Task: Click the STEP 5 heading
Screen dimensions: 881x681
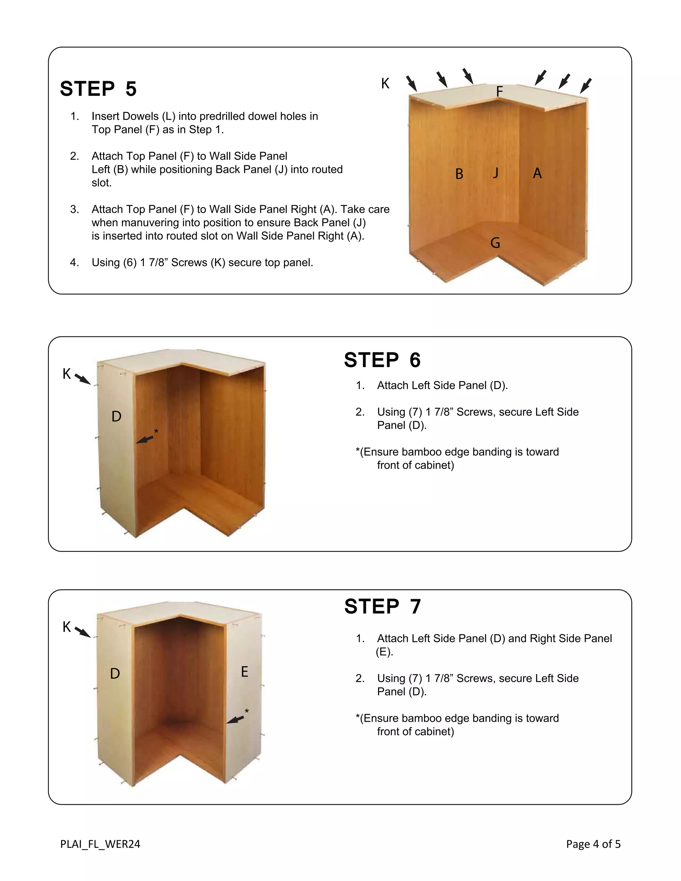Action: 98,89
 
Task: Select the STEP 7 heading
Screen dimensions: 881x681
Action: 382,606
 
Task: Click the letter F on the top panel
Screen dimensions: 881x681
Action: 499,91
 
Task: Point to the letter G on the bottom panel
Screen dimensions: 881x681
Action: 495,243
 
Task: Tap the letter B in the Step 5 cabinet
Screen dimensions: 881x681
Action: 459,174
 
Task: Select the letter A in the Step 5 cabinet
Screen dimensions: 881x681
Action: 537,173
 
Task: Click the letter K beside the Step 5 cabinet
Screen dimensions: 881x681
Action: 385,83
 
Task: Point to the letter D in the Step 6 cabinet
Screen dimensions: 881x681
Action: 116,416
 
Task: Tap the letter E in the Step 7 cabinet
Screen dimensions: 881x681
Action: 244,672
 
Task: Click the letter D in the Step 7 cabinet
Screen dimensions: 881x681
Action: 115,673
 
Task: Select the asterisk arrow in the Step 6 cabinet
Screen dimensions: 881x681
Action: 145,439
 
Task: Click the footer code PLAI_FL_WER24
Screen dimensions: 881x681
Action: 100,844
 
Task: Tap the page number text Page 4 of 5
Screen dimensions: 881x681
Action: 593,844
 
